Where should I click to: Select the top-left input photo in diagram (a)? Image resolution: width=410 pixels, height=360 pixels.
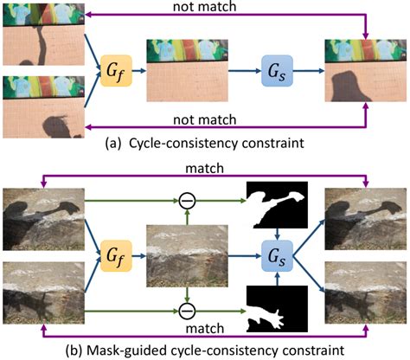(42, 35)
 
